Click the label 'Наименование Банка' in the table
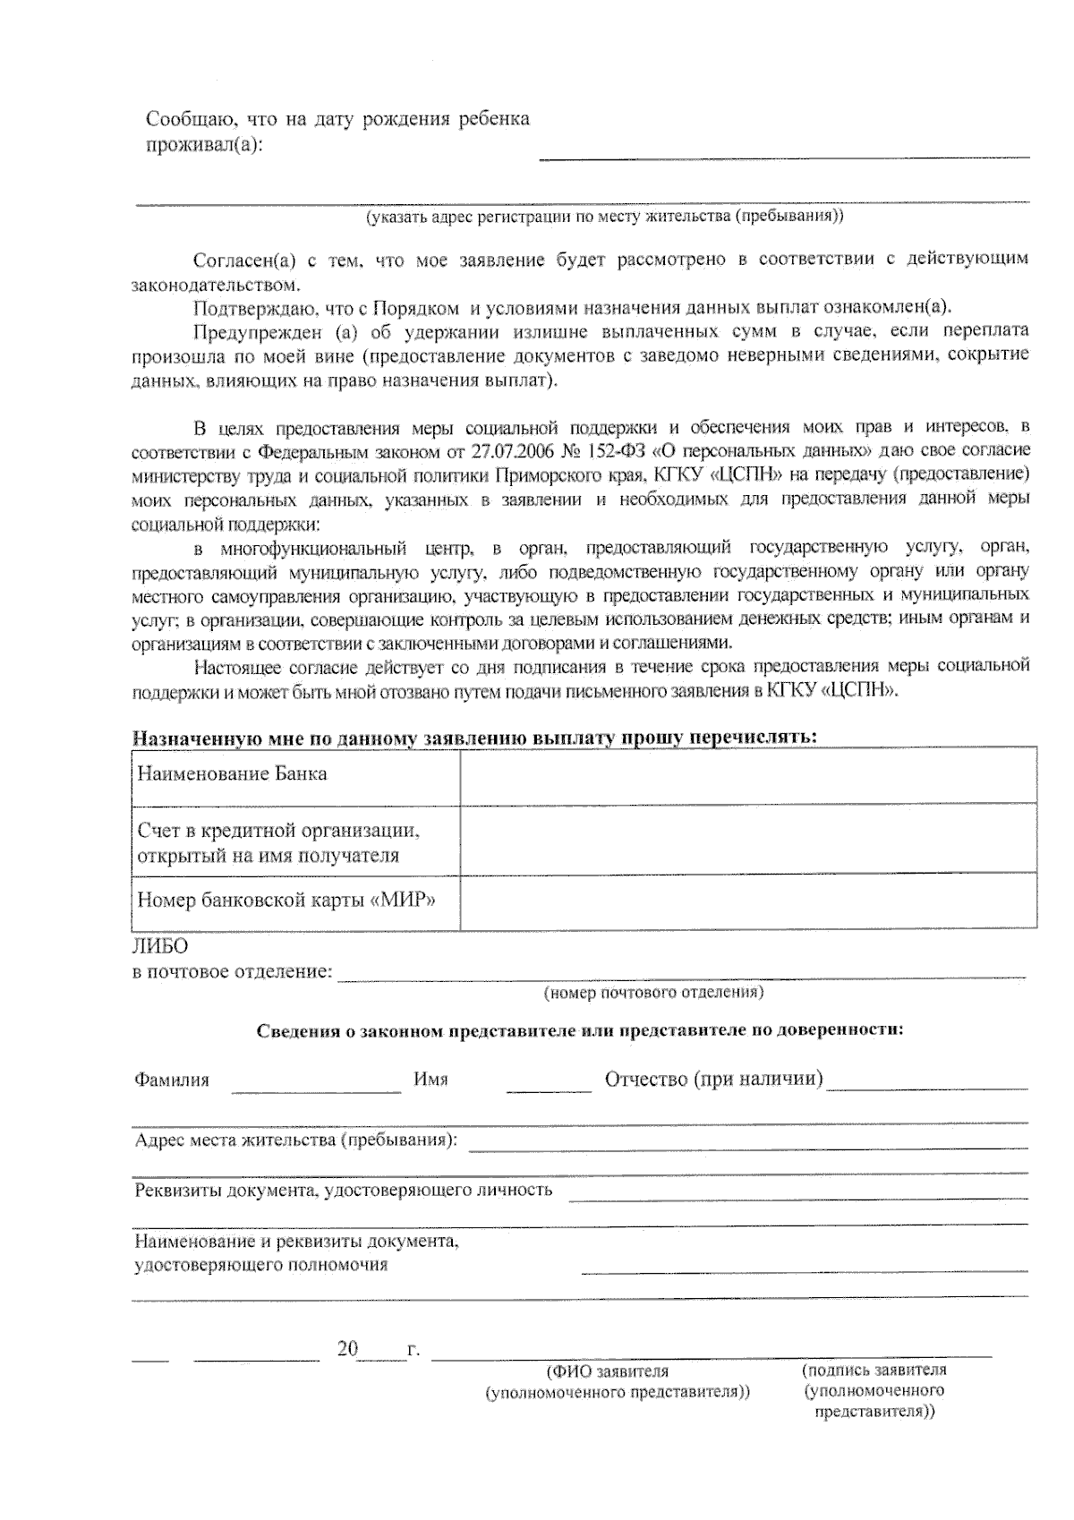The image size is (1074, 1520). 231,773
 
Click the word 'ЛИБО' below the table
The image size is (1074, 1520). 160,945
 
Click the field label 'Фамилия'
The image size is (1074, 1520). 172,1080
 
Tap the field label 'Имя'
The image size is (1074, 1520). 430,1080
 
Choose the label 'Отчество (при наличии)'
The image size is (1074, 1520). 713,1078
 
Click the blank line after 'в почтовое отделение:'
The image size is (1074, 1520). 680,972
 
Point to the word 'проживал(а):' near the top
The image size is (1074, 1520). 204,144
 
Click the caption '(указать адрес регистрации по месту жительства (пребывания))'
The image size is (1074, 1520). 604,216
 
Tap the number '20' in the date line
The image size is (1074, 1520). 347,1348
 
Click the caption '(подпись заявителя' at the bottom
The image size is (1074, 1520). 874,1370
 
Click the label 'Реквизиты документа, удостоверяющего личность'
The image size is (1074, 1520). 343,1190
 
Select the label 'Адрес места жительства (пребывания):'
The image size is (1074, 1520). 295,1140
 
